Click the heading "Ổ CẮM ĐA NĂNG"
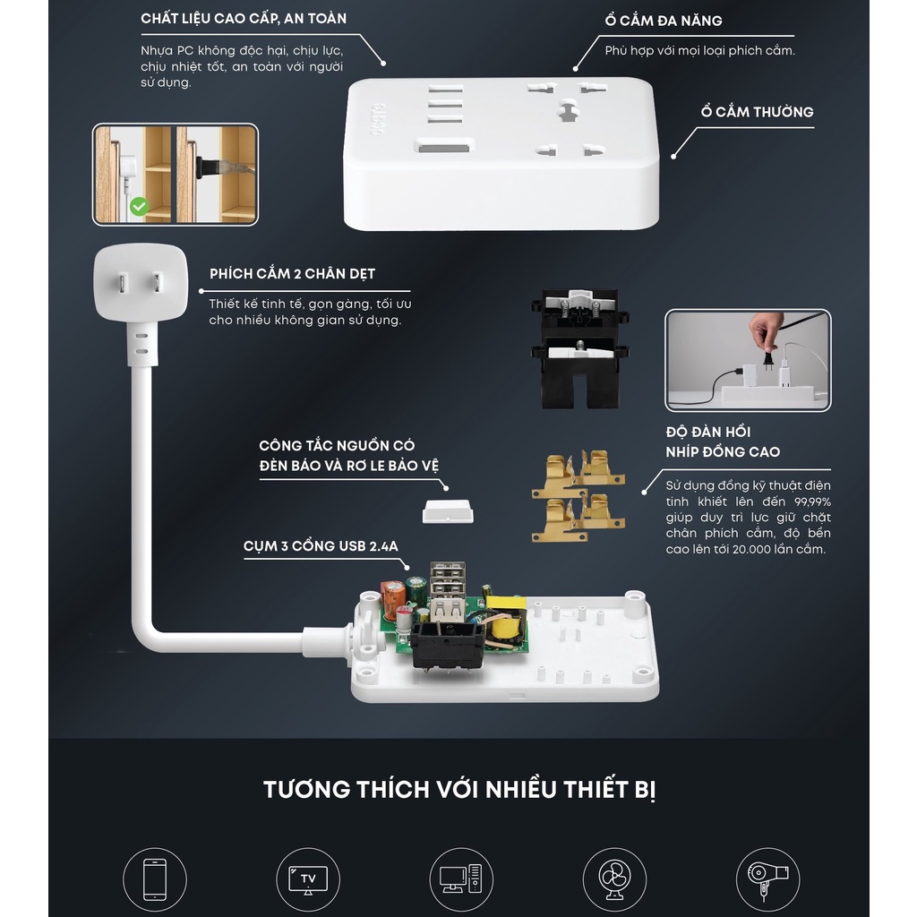tap(664, 21)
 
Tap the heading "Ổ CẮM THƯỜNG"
tap(757, 111)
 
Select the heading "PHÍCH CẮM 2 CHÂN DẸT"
tap(293, 274)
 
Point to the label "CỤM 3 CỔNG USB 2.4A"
tap(321, 545)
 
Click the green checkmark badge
tap(139, 207)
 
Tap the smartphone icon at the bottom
tap(155, 879)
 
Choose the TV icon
tap(308, 879)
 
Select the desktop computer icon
tap(461, 879)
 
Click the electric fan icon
tap(614, 880)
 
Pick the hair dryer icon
tap(767, 880)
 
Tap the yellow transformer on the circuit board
tap(505, 620)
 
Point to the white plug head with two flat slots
tap(141, 282)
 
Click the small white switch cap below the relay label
tap(448, 511)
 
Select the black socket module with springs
tap(579, 348)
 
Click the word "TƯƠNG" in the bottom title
tap(305, 790)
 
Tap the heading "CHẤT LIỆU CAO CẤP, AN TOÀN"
tap(244, 19)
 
